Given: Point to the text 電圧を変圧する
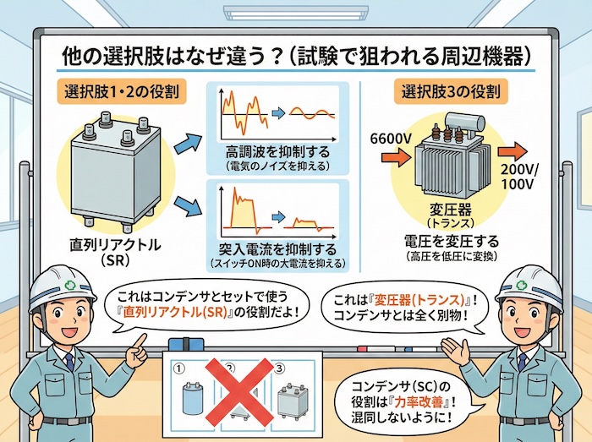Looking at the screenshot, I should [x=450, y=239].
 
